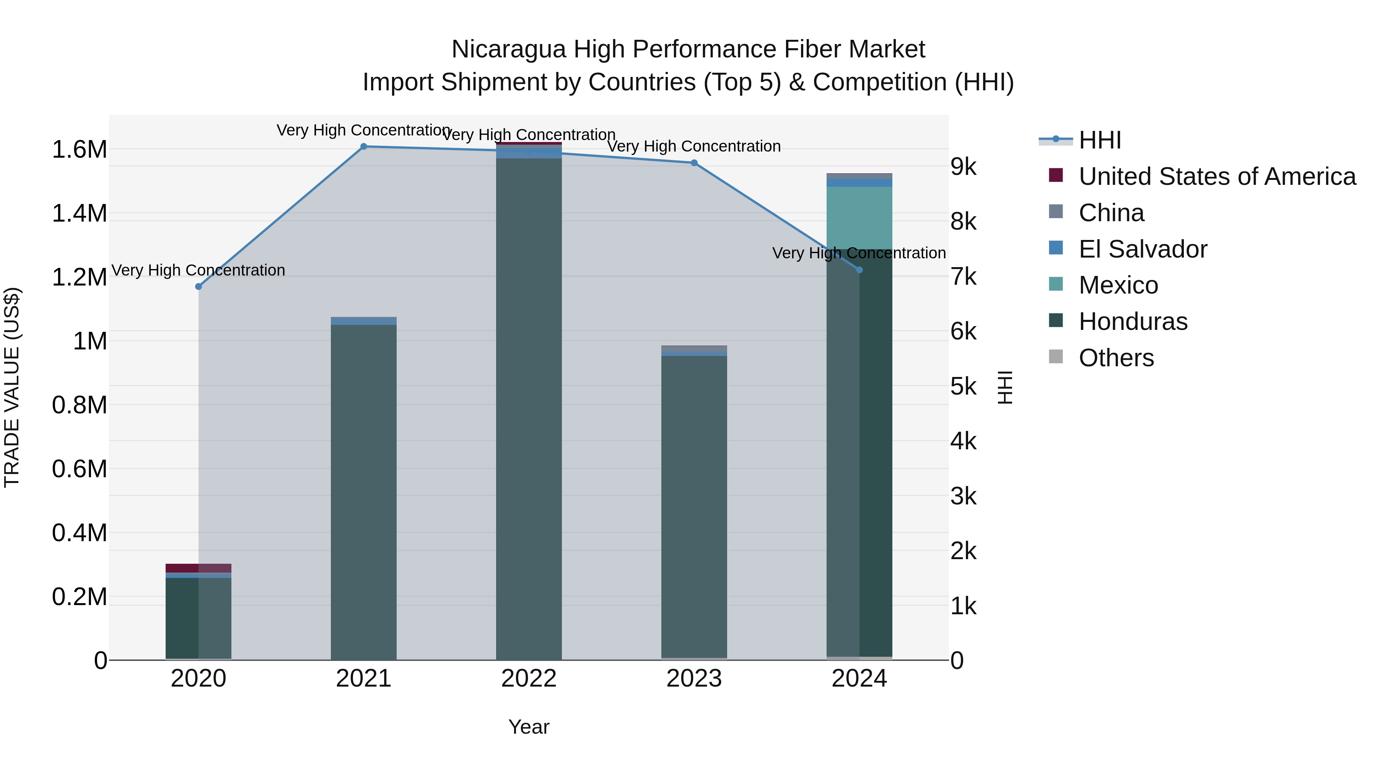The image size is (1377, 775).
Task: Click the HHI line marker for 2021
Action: point(363,147)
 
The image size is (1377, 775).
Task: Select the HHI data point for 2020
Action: point(198,287)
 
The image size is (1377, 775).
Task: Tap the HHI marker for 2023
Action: point(694,163)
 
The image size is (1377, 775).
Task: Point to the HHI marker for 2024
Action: point(859,270)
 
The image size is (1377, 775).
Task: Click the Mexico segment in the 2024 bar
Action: point(859,217)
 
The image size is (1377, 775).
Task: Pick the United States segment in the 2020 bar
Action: point(198,568)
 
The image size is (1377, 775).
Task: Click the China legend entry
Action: point(1111,213)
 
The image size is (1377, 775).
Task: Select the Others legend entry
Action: point(1116,358)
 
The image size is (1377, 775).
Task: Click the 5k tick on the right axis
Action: point(963,387)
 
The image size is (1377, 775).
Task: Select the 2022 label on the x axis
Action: point(529,679)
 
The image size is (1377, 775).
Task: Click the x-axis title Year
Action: point(529,727)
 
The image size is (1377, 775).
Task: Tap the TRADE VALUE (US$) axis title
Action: point(12,387)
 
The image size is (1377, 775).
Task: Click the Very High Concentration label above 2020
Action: point(198,270)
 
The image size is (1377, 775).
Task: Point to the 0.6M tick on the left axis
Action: point(79,469)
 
